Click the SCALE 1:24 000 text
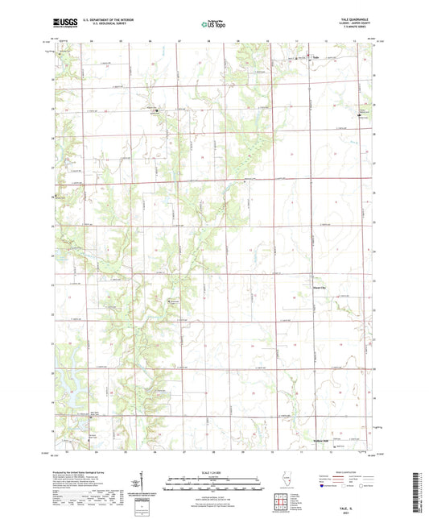click(214, 471)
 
